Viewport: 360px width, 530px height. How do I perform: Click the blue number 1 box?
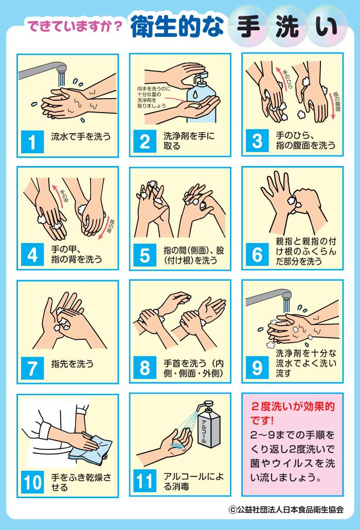pyautogui.click(x=32, y=142)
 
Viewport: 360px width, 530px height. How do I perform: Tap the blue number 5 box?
pyautogui.click(x=145, y=255)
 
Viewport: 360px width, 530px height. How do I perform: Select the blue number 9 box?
pyautogui.click(x=257, y=368)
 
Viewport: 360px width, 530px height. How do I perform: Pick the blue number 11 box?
pyautogui.click(x=145, y=481)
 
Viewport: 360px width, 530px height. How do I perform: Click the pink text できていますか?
pyautogui.click(x=75, y=26)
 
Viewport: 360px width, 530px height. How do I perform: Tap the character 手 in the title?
pyautogui.click(x=248, y=26)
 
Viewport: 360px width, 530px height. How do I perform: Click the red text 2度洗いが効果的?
pyautogui.click(x=293, y=406)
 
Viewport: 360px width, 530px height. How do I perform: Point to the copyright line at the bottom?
pyautogui.click(x=286, y=509)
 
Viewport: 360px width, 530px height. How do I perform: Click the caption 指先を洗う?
pyautogui.click(x=73, y=364)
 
